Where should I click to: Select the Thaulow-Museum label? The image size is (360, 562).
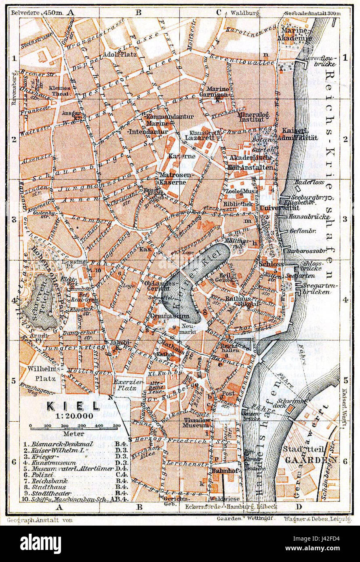coord(198,423)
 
